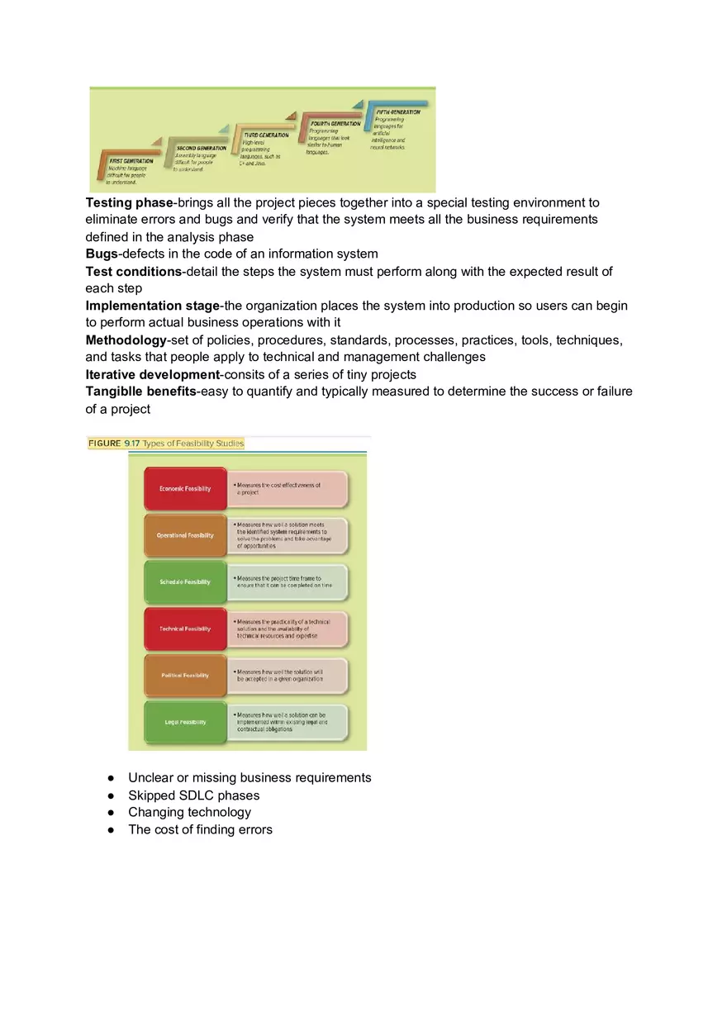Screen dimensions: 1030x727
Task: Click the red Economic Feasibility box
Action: pos(185,488)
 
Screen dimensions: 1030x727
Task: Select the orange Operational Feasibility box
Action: pos(185,535)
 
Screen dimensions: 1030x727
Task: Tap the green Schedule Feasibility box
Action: pos(185,581)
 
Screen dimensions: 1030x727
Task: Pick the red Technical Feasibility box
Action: pos(185,629)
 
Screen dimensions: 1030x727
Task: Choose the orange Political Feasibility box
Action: pos(185,675)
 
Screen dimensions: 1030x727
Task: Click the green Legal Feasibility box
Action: pos(185,722)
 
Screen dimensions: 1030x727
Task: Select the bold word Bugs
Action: pos(102,254)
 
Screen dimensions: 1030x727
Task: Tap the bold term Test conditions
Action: pos(133,271)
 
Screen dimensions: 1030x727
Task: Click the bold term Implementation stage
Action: pos(151,306)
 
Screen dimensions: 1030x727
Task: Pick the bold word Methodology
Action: pos(126,340)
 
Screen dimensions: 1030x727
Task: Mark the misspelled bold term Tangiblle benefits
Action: pos(140,392)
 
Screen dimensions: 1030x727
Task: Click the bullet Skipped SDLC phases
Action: pos(193,795)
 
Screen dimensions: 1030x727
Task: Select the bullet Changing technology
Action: pos(189,812)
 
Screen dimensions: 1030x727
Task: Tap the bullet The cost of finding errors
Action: pos(200,829)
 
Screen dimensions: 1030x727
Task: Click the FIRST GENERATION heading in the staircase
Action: pos(131,161)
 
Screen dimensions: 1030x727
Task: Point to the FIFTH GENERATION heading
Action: pos(398,112)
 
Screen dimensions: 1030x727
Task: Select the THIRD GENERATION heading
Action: pos(266,135)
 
